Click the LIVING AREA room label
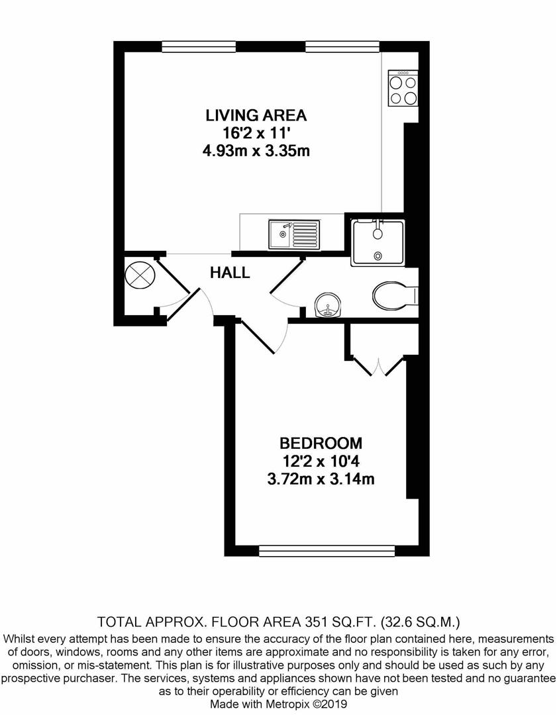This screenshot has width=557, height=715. click(256, 115)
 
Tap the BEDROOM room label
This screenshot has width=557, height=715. click(321, 443)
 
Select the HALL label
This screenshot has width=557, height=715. click(230, 273)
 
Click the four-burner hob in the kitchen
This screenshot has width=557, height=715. click(403, 88)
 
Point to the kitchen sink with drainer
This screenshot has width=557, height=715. click(294, 234)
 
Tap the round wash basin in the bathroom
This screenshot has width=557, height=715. click(327, 305)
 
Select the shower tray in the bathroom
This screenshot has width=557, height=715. click(378, 242)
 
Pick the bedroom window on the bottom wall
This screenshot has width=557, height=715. click(327, 551)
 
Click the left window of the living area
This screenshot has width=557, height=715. click(199, 46)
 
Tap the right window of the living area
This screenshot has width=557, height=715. click(342, 46)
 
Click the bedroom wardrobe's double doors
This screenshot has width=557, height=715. click(380, 367)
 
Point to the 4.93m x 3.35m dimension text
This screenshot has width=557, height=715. click(256, 150)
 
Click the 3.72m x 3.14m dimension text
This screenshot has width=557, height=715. click(321, 479)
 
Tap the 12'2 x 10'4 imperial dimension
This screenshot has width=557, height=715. click(321, 461)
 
